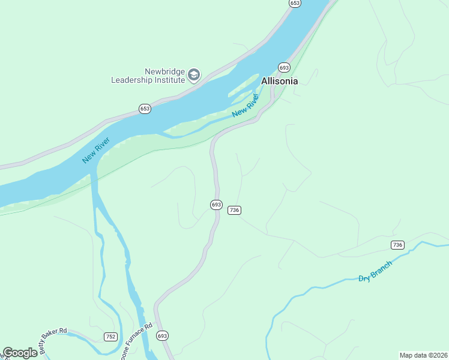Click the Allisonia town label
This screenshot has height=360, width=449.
279,81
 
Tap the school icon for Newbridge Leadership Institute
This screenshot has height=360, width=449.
193,75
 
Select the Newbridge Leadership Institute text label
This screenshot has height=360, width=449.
147,75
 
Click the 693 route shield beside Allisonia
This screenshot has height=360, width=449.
284,67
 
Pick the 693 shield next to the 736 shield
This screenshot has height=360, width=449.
216,205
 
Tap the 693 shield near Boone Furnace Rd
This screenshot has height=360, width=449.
162,336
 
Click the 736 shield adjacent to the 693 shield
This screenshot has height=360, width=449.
234,209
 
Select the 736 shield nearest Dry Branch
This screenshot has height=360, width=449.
397,245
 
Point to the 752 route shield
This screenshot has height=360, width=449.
110,337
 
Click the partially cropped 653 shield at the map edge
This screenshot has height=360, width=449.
294,3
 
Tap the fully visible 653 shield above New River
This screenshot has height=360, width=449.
145,109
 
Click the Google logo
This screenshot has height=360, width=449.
20,353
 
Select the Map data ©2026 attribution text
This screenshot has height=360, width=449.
423,355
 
